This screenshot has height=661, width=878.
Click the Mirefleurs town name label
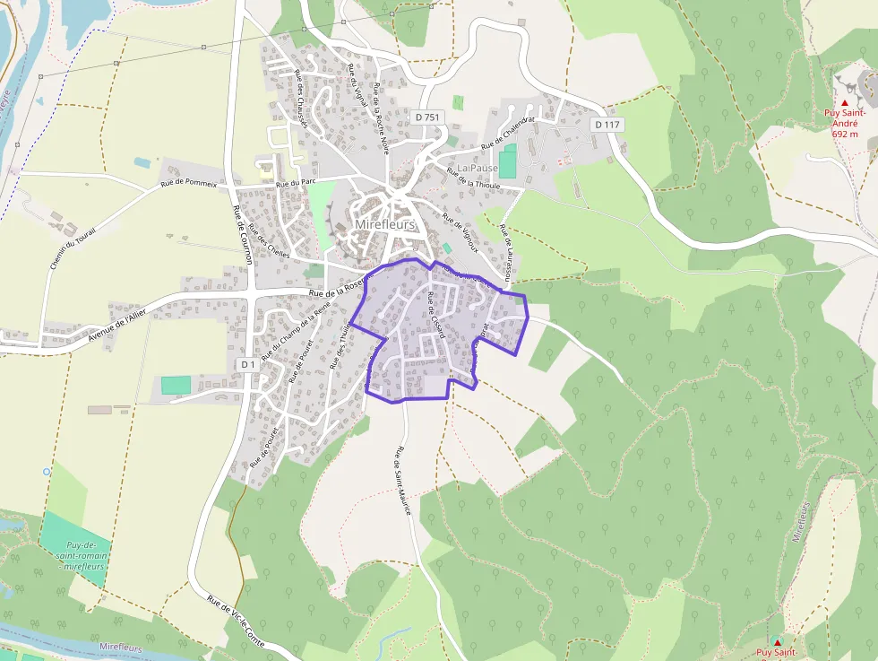tap(385, 224)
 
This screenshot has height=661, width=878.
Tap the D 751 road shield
tap(428, 117)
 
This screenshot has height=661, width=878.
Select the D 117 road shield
tap(607, 125)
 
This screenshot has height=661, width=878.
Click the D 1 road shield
tap(248, 365)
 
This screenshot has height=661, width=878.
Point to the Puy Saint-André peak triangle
tap(845, 103)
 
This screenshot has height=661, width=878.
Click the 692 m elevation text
tap(845, 134)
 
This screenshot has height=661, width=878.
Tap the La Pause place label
tap(478, 168)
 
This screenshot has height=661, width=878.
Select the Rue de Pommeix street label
tap(188, 183)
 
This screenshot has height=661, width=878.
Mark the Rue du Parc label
tap(297, 182)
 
